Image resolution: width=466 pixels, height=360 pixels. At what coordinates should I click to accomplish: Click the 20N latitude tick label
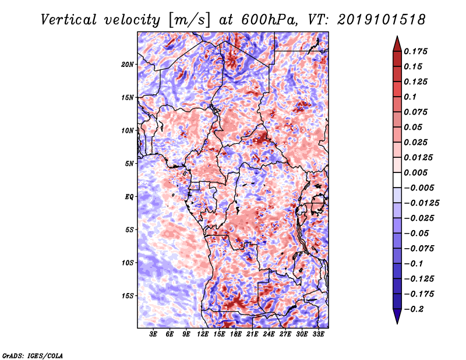(x=127, y=65)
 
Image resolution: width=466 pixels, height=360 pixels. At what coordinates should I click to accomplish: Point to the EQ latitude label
(x=129, y=197)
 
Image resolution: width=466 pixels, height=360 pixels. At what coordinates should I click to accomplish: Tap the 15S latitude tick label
(x=127, y=296)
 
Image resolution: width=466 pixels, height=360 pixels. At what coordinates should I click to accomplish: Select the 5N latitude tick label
(x=129, y=164)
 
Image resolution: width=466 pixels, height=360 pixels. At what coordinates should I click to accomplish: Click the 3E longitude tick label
(x=153, y=334)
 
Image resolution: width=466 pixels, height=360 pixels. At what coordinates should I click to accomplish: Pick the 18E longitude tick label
(x=236, y=334)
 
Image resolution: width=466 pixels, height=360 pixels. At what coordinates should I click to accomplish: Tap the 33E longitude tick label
(x=318, y=334)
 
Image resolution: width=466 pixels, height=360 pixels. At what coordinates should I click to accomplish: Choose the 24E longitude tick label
(x=269, y=334)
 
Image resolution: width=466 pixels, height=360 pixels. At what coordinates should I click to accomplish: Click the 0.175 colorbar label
(x=415, y=51)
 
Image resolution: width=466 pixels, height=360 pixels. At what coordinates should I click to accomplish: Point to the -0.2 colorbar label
(x=414, y=309)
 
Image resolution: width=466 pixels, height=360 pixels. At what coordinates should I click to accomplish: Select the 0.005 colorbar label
(x=415, y=172)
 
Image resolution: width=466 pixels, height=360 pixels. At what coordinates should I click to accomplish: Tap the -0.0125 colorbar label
(x=421, y=203)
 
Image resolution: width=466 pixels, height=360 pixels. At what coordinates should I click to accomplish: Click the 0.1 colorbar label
(x=410, y=97)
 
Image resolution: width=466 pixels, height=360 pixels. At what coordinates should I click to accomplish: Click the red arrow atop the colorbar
(x=397, y=44)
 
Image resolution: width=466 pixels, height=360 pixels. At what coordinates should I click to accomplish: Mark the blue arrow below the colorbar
(x=397, y=316)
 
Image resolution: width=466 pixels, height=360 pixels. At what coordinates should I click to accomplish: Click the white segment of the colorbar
(x=397, y=180)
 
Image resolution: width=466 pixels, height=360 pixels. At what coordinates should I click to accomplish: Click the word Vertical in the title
(x=69, y=20)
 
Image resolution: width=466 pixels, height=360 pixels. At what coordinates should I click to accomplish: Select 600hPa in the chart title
(x=269, y=20)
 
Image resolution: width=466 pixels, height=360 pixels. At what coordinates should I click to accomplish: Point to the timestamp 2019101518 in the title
(x=382, y=20)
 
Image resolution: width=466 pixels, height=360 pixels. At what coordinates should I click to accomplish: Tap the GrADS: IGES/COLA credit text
(x=33, y=355)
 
